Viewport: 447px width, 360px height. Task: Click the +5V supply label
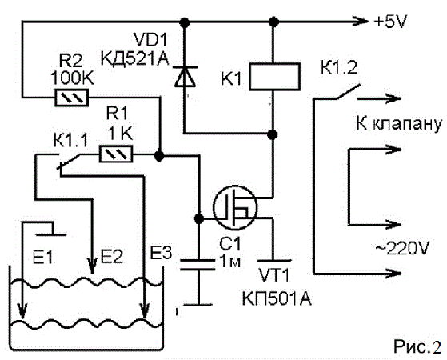(x=390, y=22)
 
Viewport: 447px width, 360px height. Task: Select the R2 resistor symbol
(x=71, y=98)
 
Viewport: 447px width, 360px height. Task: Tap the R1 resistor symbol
(x=116, y=154)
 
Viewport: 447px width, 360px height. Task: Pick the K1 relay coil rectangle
(x=275, y=77)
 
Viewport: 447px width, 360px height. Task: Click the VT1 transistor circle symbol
(x=235, y=208)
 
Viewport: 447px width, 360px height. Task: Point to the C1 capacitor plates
(x=198, y=265)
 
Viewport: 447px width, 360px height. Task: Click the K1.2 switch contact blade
(x=349, y=91)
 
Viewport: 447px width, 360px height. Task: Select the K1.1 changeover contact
(x=69, y=162)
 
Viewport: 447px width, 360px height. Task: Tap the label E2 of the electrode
(x=112, y=256)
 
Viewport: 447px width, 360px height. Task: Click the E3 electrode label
(x=161, y=252)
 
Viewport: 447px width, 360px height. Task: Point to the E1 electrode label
(x=42, y=258)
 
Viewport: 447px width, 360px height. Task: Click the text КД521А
(x=134, y=59)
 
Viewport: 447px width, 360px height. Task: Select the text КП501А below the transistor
(x=277, y=299)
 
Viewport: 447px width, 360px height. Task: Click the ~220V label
(x=402, y=248)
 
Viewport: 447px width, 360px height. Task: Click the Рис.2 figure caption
(x=418, y=346)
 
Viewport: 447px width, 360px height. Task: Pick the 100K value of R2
(x=72, y=78)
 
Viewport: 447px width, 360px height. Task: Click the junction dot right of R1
(x=159, y=156)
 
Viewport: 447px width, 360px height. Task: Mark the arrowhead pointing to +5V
(x=361, y=21)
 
